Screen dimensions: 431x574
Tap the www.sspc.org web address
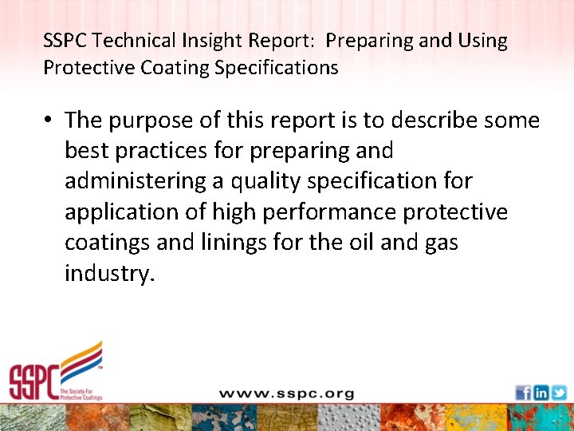(286, 393)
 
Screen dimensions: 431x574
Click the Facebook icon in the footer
(523, 393)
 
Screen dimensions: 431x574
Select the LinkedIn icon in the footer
(541, 393)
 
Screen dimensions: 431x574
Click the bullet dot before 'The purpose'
(49, 121)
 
